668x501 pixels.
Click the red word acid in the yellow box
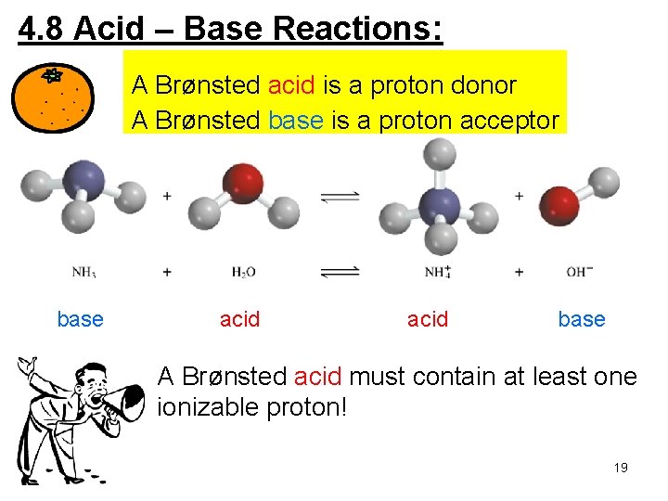[x=292, y=86]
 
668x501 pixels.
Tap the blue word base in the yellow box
[x=295, y=122]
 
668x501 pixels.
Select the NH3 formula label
[x=85, y=272]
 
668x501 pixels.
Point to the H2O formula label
[x=243, y=272]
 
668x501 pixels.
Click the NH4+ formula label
[x=437, y=272]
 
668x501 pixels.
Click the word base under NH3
[x=80, y=320]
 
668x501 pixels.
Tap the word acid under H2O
[x=239, y=320]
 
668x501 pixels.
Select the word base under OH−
[x=581, y=320]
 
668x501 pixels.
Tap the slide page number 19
[x=621, y=468]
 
